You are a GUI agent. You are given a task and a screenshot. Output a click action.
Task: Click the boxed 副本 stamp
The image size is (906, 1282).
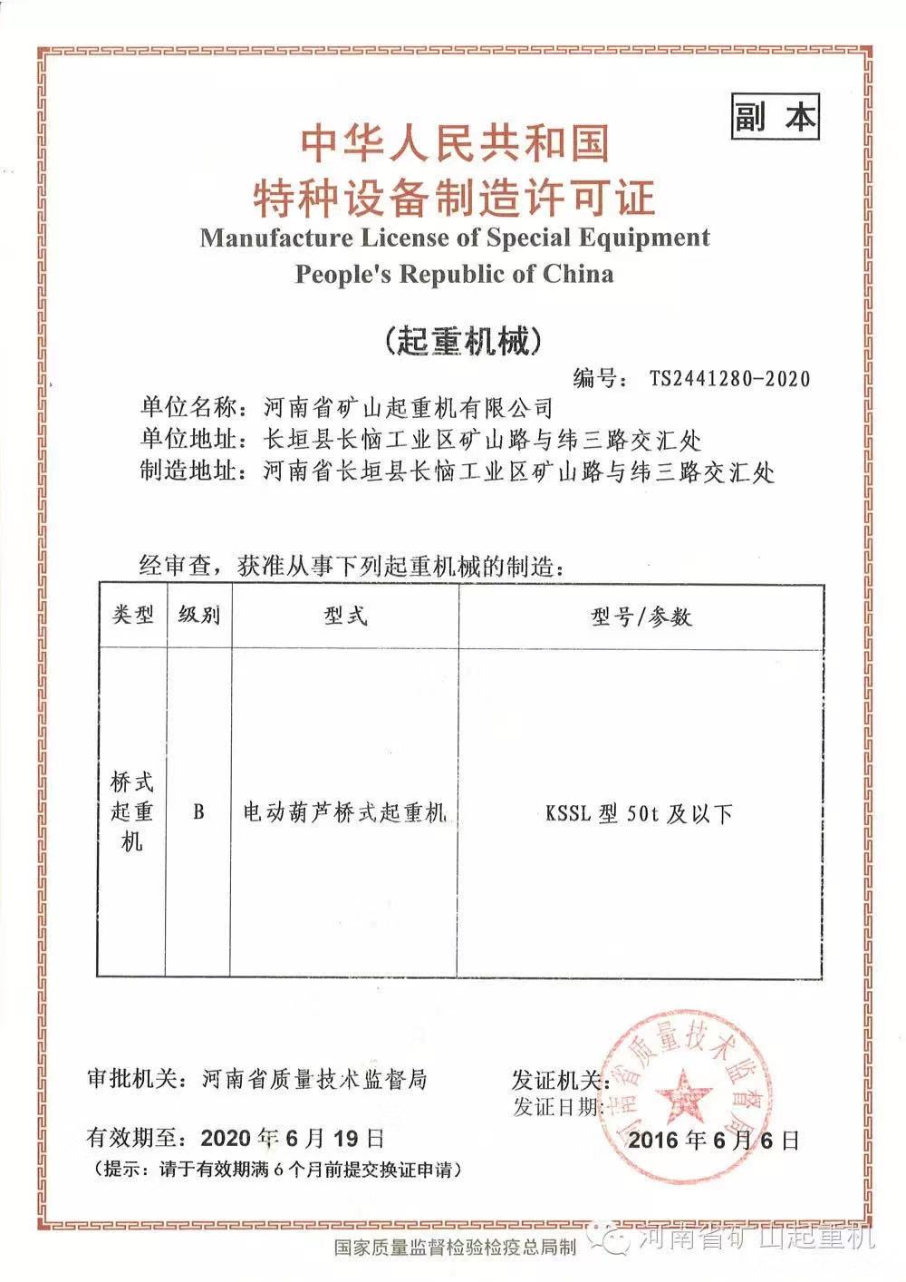click(x=775, y=117)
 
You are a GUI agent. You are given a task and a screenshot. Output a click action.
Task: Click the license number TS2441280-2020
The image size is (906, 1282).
click(x=729, y=377)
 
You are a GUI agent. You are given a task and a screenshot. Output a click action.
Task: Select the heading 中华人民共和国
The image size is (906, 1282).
click(x=455, y=142)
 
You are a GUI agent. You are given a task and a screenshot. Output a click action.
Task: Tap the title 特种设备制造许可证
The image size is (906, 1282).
click(x=455, y=196)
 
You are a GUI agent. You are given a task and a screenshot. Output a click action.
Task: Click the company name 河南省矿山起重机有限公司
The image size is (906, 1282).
click(x=406, y=406)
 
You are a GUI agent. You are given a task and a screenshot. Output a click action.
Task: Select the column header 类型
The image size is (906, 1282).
click(x=132, y=616)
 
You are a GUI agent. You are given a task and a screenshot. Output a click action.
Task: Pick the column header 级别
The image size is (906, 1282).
click(x=199, y=616)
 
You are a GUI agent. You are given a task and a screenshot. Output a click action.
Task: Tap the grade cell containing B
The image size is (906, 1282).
click(x=198, y=811)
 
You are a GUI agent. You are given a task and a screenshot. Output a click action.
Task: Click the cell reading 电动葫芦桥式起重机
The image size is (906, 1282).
click(x=345, y=812)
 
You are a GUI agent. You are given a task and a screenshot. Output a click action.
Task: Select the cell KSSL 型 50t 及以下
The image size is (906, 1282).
click(x=639, y=813)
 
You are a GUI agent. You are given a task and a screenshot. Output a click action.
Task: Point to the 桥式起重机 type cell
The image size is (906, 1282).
click(x=132, y=811)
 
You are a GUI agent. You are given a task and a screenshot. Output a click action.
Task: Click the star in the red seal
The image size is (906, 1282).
click(x=685, y=1090)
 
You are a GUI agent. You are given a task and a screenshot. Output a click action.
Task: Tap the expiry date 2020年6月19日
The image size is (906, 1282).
click(x=293, y=1136)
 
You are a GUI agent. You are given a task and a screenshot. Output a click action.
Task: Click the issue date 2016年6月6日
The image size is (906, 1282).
click(x=714, y=1139)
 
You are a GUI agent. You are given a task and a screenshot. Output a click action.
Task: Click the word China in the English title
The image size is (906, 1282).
click(x=578, y=274)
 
